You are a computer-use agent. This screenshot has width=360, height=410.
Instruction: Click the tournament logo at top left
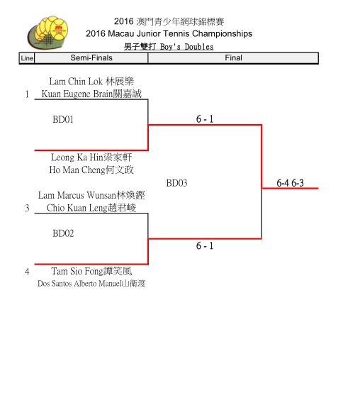pyautogui.click(x=47, y=33)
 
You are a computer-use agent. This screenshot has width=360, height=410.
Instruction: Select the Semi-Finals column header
pyautogui.click(x=91, y=57)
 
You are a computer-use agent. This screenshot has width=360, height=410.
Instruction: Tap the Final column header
pyautogui.click(x=233, y=57)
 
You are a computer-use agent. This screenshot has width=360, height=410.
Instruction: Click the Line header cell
pyautogui.click(x=27, y=58)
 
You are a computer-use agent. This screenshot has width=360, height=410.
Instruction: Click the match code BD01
pyautogui.click(x=63, y=119)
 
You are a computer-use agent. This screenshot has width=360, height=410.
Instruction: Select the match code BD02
pyautogui.click(x=63, y=233)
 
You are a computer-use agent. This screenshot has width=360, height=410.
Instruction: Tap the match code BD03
pyautogui.click(x=176, y=183)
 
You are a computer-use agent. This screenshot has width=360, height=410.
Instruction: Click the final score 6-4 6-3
pyautogui.click(x=290, y=183)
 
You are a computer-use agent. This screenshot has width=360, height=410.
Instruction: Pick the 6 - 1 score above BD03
pyautogui.click(x=205, y=119)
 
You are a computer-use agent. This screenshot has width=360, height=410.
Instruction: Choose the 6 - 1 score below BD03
pyautogui.click(x=205, y=246)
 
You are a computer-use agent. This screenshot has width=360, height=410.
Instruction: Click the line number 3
pyautogui.click(x=27, y=208)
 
